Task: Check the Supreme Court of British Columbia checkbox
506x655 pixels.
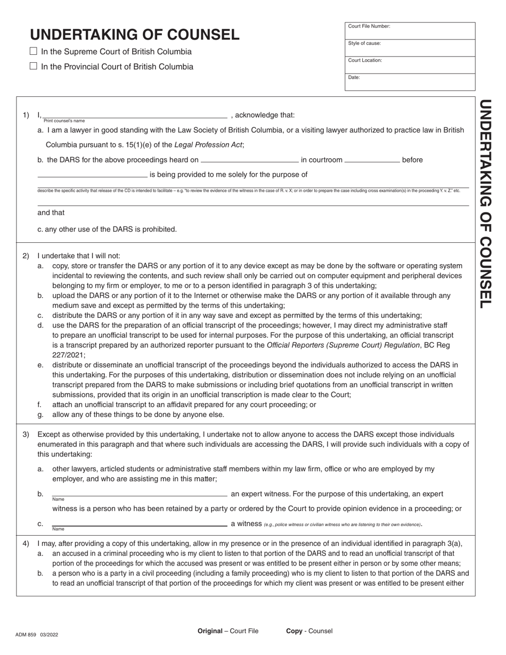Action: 34,52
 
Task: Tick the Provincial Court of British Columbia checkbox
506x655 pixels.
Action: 34,67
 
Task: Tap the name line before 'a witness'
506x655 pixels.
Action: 140,523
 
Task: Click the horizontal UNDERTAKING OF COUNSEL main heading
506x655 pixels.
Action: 135,35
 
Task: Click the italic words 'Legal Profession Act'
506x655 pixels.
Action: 208,145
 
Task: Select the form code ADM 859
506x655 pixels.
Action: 26,634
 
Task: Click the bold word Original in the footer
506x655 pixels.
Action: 210,631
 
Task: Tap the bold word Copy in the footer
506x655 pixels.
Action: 294,631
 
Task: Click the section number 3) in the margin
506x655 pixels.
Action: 26,435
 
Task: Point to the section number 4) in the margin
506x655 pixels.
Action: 26,544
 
